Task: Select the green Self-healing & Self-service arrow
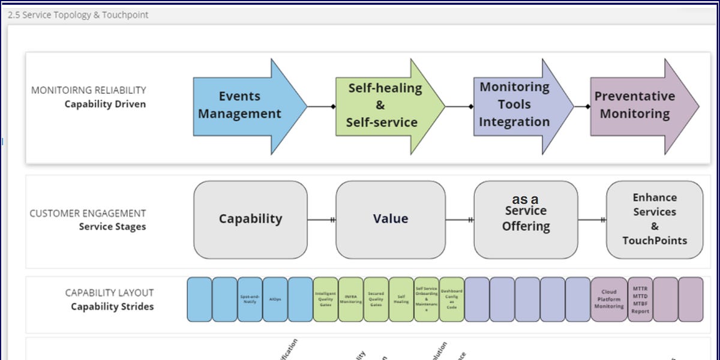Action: (384, 106)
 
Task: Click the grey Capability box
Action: (250, 220)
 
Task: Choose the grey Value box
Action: (390, 220)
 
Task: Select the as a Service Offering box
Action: (526, 220)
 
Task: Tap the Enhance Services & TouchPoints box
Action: (654, 220)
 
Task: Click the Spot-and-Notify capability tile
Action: (250, 299)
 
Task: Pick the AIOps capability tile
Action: (275, 299)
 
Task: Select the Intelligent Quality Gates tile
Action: (326, 299)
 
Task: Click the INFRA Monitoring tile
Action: (351, 299)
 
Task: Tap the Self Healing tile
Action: (401, 299)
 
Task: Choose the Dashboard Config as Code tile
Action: (452, 299)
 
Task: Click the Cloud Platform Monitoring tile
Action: (609, 299)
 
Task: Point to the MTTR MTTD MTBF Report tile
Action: (640, 299)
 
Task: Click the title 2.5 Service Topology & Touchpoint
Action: (78, 14)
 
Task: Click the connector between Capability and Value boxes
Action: (321, 220)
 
